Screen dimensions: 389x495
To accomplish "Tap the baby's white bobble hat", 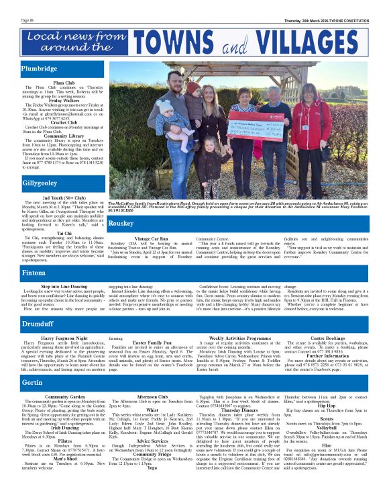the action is tap(163, 105).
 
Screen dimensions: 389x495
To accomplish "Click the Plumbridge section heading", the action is tap(39, 69).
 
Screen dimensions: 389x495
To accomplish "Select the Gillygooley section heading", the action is tap(40, 183).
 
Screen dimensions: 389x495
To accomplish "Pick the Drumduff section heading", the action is tap(37, 323).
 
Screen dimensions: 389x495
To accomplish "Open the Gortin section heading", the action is tap(32, 382).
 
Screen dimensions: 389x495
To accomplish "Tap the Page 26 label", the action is tap(27, 20).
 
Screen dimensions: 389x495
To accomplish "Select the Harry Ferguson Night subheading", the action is tap(64, 338).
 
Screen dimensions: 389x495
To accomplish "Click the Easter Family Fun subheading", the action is tap(151, 343).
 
